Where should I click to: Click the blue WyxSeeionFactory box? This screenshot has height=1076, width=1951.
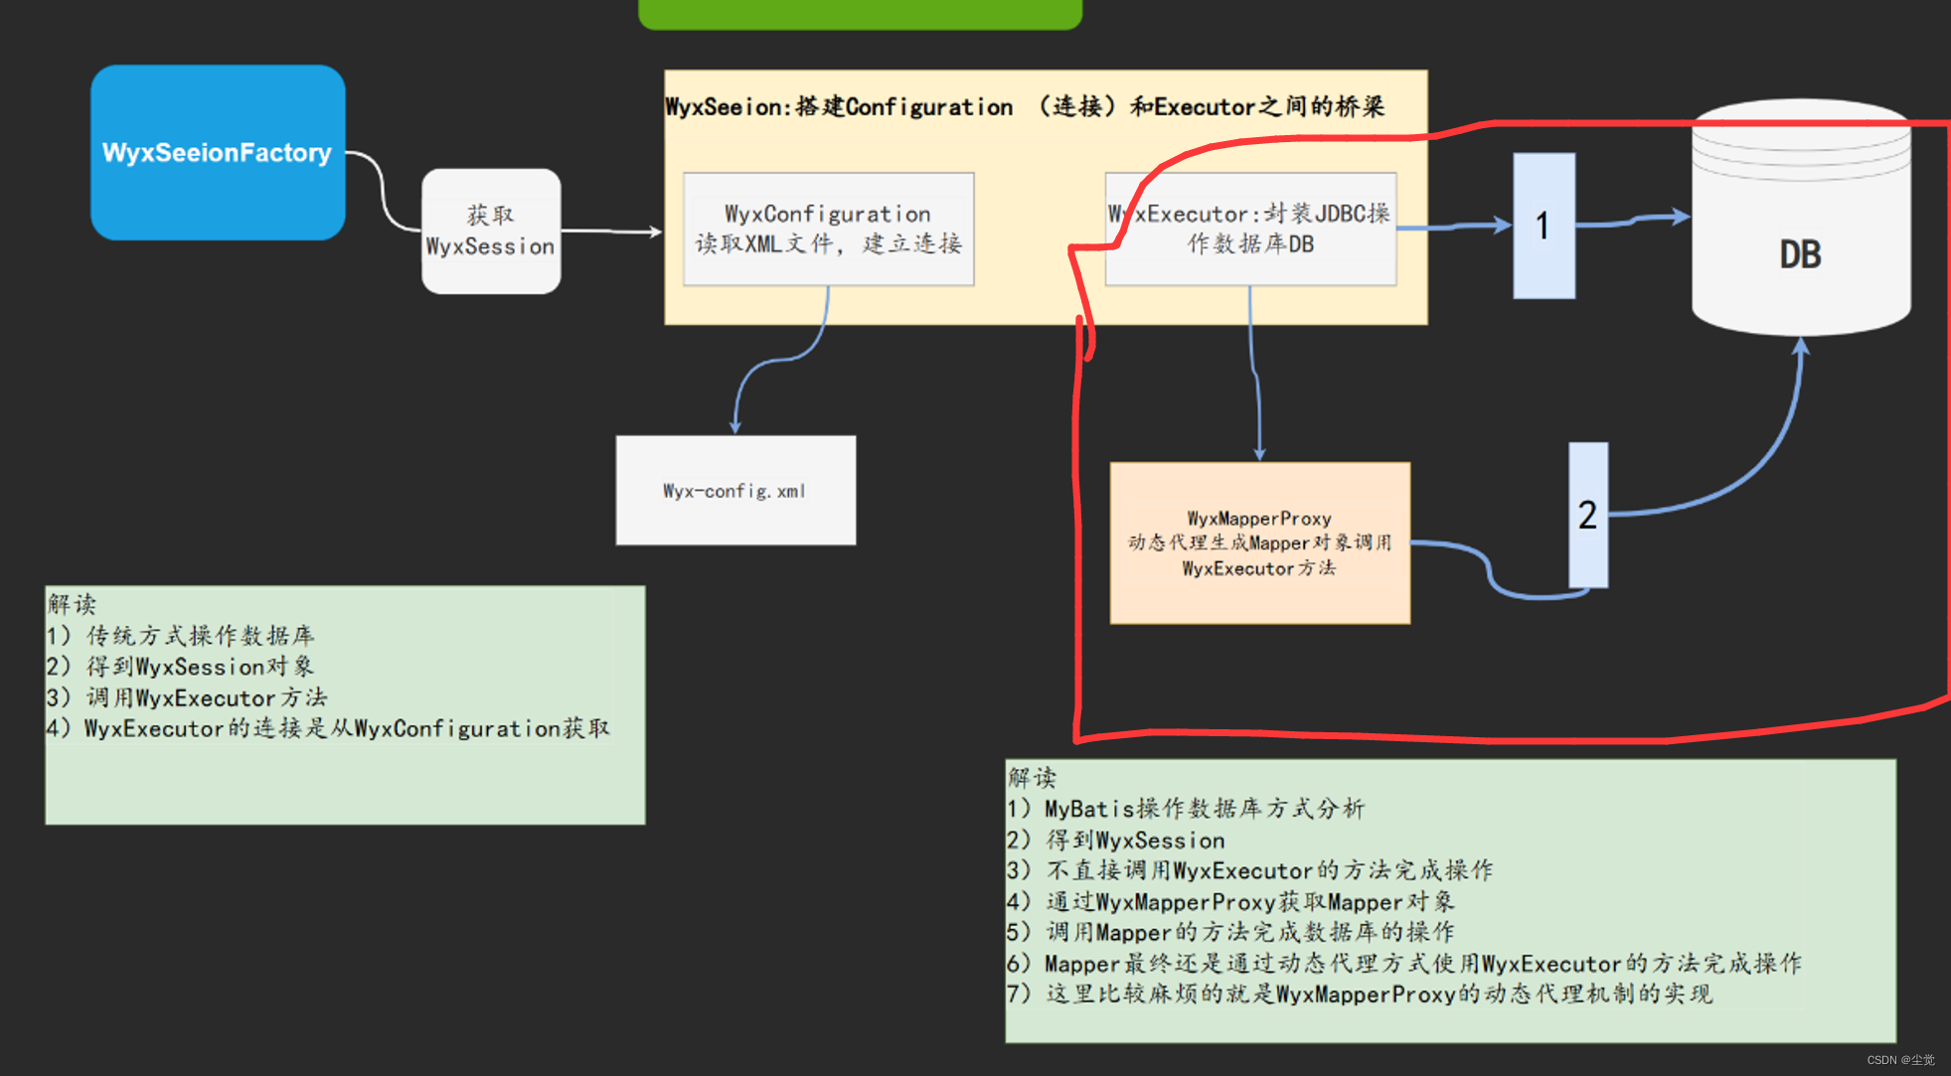(x=218, y=152)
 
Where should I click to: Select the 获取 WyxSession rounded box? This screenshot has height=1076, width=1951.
(x=490, y=231)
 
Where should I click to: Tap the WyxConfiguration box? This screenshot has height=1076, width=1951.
(x=828, y=229)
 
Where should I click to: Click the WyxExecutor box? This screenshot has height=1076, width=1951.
(x=1250, y=229)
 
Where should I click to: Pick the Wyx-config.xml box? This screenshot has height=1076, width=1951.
(x=734, y=490)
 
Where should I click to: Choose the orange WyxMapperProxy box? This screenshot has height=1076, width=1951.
(x=1259, y=542)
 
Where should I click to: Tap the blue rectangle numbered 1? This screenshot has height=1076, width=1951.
(x=1543, y=226)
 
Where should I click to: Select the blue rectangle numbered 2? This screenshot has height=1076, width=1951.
(x=1587, y=514)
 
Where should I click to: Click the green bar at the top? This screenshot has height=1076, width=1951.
(x=860, y=13)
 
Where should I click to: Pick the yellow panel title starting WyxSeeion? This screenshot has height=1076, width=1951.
(x=1024, y=106)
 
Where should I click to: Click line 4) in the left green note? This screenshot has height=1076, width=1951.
(x=327, y=728)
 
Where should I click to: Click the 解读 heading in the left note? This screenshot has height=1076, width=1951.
(x=72, y=603)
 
